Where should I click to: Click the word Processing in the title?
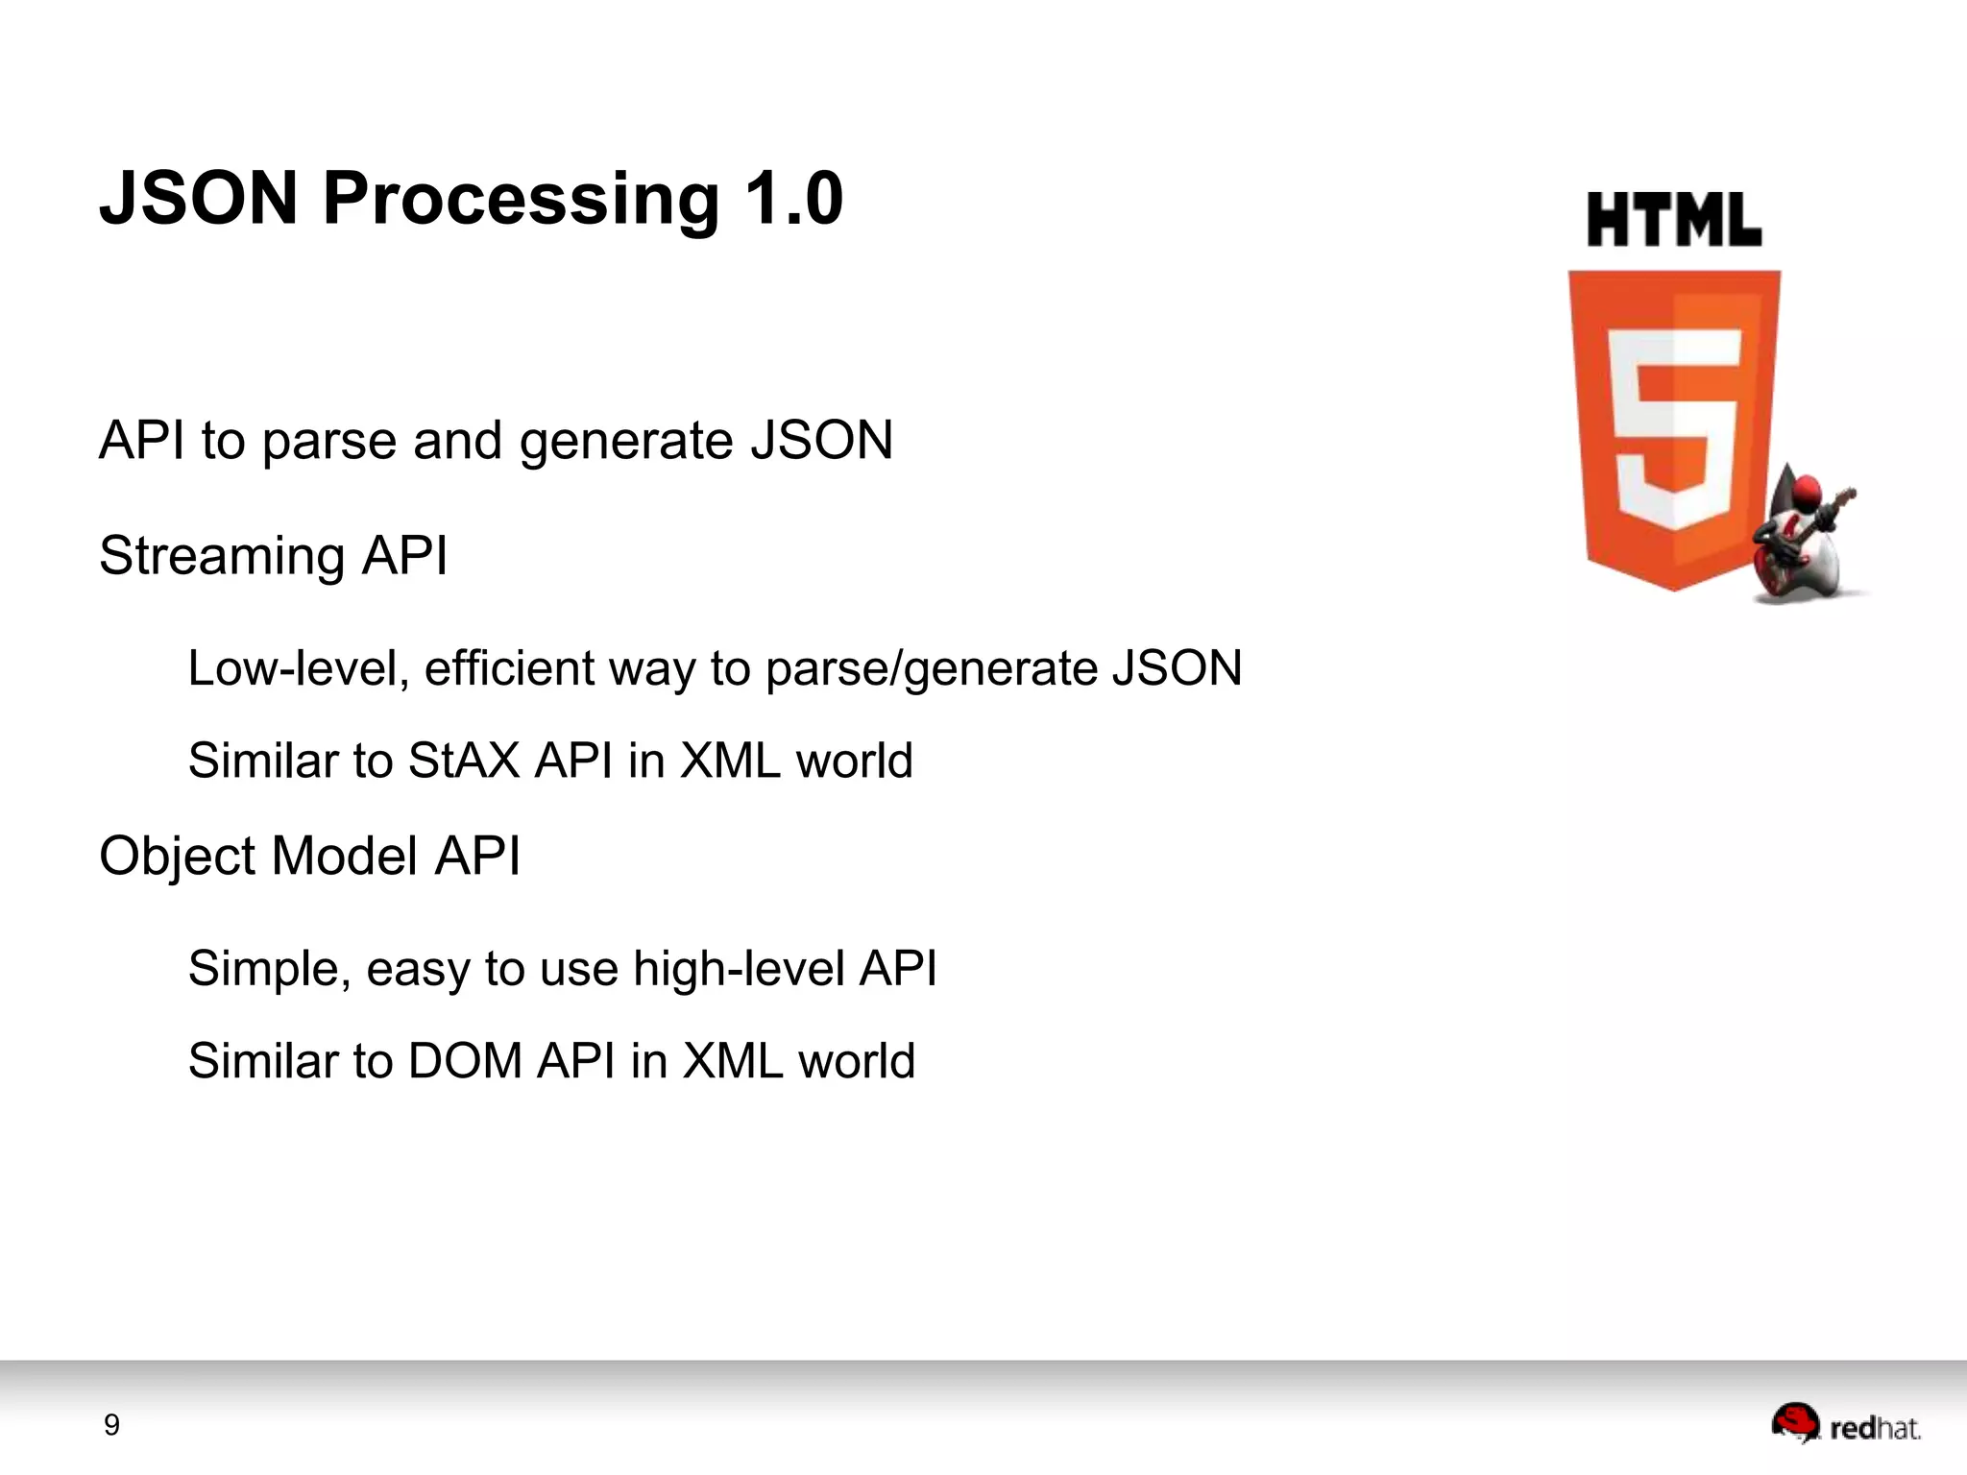521,199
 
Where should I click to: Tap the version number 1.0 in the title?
793,198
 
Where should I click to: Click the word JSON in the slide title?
199,198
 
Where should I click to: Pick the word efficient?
509,667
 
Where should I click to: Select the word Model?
345,856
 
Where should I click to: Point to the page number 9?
111,1425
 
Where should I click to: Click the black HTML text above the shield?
1673,221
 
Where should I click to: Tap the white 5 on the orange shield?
1674,427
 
